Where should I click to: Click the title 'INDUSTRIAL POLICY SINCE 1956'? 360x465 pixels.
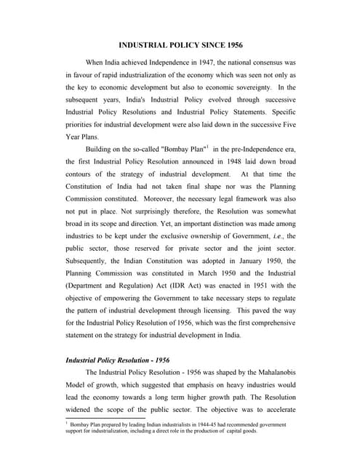click(x=180, y=46)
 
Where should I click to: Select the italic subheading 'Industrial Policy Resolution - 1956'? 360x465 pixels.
click(x=118, y=359)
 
